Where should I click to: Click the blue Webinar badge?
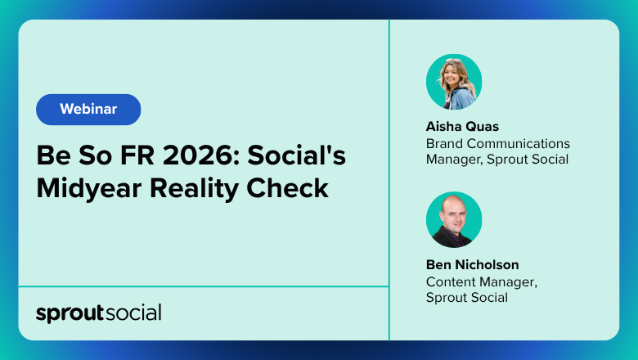tap(88, 110)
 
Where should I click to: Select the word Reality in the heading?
tap(194, 189)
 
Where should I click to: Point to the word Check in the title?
tap(287, 188)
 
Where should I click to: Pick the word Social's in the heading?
tap(297, 155)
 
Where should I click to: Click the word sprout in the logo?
tap(70, 313)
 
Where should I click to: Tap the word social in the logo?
tap(133, 313)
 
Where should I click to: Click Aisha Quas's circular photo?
tap(454, 82)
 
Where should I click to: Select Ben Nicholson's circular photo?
tap(454, 219)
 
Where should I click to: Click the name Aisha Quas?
tap(462, 127)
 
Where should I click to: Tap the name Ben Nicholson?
tap(473, 265)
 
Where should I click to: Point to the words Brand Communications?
tap(498, 144)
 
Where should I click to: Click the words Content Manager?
tap(481, 282)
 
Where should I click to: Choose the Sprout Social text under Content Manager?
tap(467, 298)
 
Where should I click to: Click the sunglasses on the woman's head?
tap(453, 61)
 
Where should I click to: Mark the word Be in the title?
tap(53, 155)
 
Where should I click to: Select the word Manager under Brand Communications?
tap(455, 160)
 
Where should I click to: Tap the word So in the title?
tap(95, 155)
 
